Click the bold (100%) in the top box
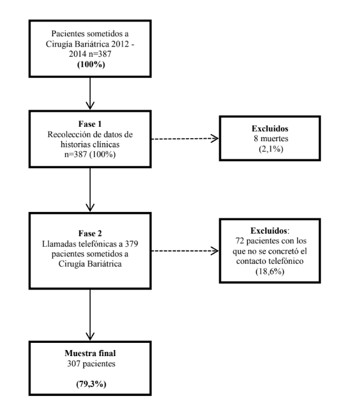click(x=89, y=63)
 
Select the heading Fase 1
click(x=89, y=124)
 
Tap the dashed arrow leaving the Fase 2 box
click(x=184, y=250)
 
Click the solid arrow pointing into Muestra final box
click(x=90, y=314)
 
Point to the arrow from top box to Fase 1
click(x=90, y=92)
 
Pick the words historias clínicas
click(x=89, y=144)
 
